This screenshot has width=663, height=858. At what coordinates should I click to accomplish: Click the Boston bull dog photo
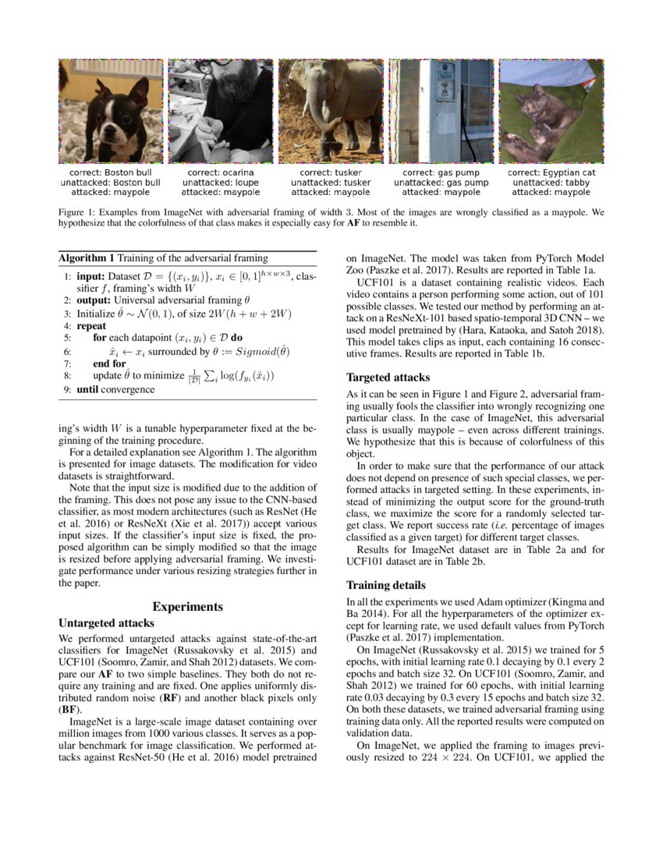pyautogui.click(x=111, y=111)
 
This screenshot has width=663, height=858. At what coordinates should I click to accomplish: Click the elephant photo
pyautogui.click(x=331, y=111)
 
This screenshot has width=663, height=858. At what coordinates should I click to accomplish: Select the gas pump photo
pyautogui.click(x=441, y=111)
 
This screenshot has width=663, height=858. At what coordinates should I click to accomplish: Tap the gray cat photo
pyautogui.click(x=551, y=111)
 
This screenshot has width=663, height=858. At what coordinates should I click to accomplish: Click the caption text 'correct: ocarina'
pyautogui.click(x=221, y=172)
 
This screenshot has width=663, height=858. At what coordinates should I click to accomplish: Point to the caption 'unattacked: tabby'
pyautogui.click(x=551, y=183)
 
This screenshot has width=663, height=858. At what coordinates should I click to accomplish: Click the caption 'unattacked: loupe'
pyautogui.click(x=221, y=183)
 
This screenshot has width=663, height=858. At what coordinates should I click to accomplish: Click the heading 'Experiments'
pyautogui.click(x=188, y=606)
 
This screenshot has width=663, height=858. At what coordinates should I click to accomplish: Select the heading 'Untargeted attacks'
pyautogui.click(x=106, y=623)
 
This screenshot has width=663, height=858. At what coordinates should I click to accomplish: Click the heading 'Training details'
pyautogui.click(x=388, y=584)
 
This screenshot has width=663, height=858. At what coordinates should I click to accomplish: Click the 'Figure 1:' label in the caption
pyautogui.click(x=77, y=211)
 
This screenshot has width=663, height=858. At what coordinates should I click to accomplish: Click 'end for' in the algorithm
pyautogui.click(x=108, y=363)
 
